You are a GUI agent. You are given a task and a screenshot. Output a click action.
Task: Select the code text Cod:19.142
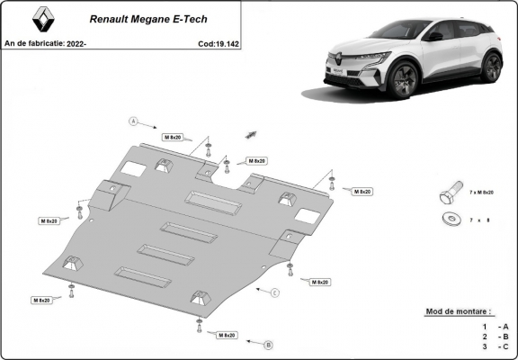point(218,42)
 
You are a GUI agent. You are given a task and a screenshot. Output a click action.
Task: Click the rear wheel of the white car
point(490,66)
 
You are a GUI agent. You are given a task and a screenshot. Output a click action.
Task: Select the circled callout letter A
point(133,121)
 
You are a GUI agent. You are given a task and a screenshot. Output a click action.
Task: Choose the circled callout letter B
point(267,345)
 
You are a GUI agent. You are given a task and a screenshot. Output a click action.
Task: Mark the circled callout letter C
point(275,292)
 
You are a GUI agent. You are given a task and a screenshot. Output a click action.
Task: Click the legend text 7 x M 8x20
point(481,193)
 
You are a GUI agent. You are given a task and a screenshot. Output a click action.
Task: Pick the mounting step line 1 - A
point(496,326)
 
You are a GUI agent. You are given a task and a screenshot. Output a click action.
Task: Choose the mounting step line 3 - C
point(496,346)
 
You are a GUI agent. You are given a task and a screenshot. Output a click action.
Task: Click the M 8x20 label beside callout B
point(227,335)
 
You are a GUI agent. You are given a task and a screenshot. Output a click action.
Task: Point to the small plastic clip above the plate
point(248,132)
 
